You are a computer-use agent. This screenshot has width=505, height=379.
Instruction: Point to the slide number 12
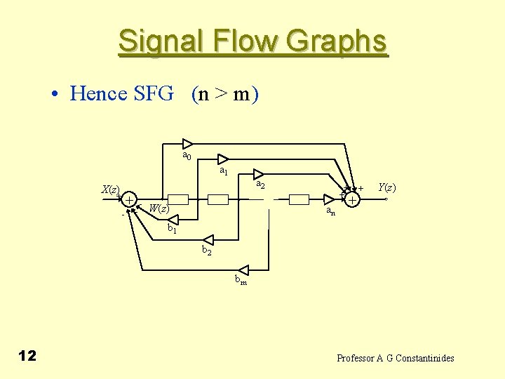[x=27, y=356]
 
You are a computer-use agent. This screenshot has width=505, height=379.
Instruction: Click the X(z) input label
[x=110, y=189]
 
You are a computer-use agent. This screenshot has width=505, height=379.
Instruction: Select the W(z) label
[x=159, y=208]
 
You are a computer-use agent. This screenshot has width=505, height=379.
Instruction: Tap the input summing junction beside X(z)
[x=130, y=200]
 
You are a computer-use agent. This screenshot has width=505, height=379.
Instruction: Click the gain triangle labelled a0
[x=187, y=144]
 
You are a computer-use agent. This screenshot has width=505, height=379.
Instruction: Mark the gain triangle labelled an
[x=328, y=199]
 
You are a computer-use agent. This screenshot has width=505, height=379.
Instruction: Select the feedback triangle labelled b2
[x=207, y=240]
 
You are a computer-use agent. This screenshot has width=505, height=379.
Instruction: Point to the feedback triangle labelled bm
[x=243, y=270]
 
